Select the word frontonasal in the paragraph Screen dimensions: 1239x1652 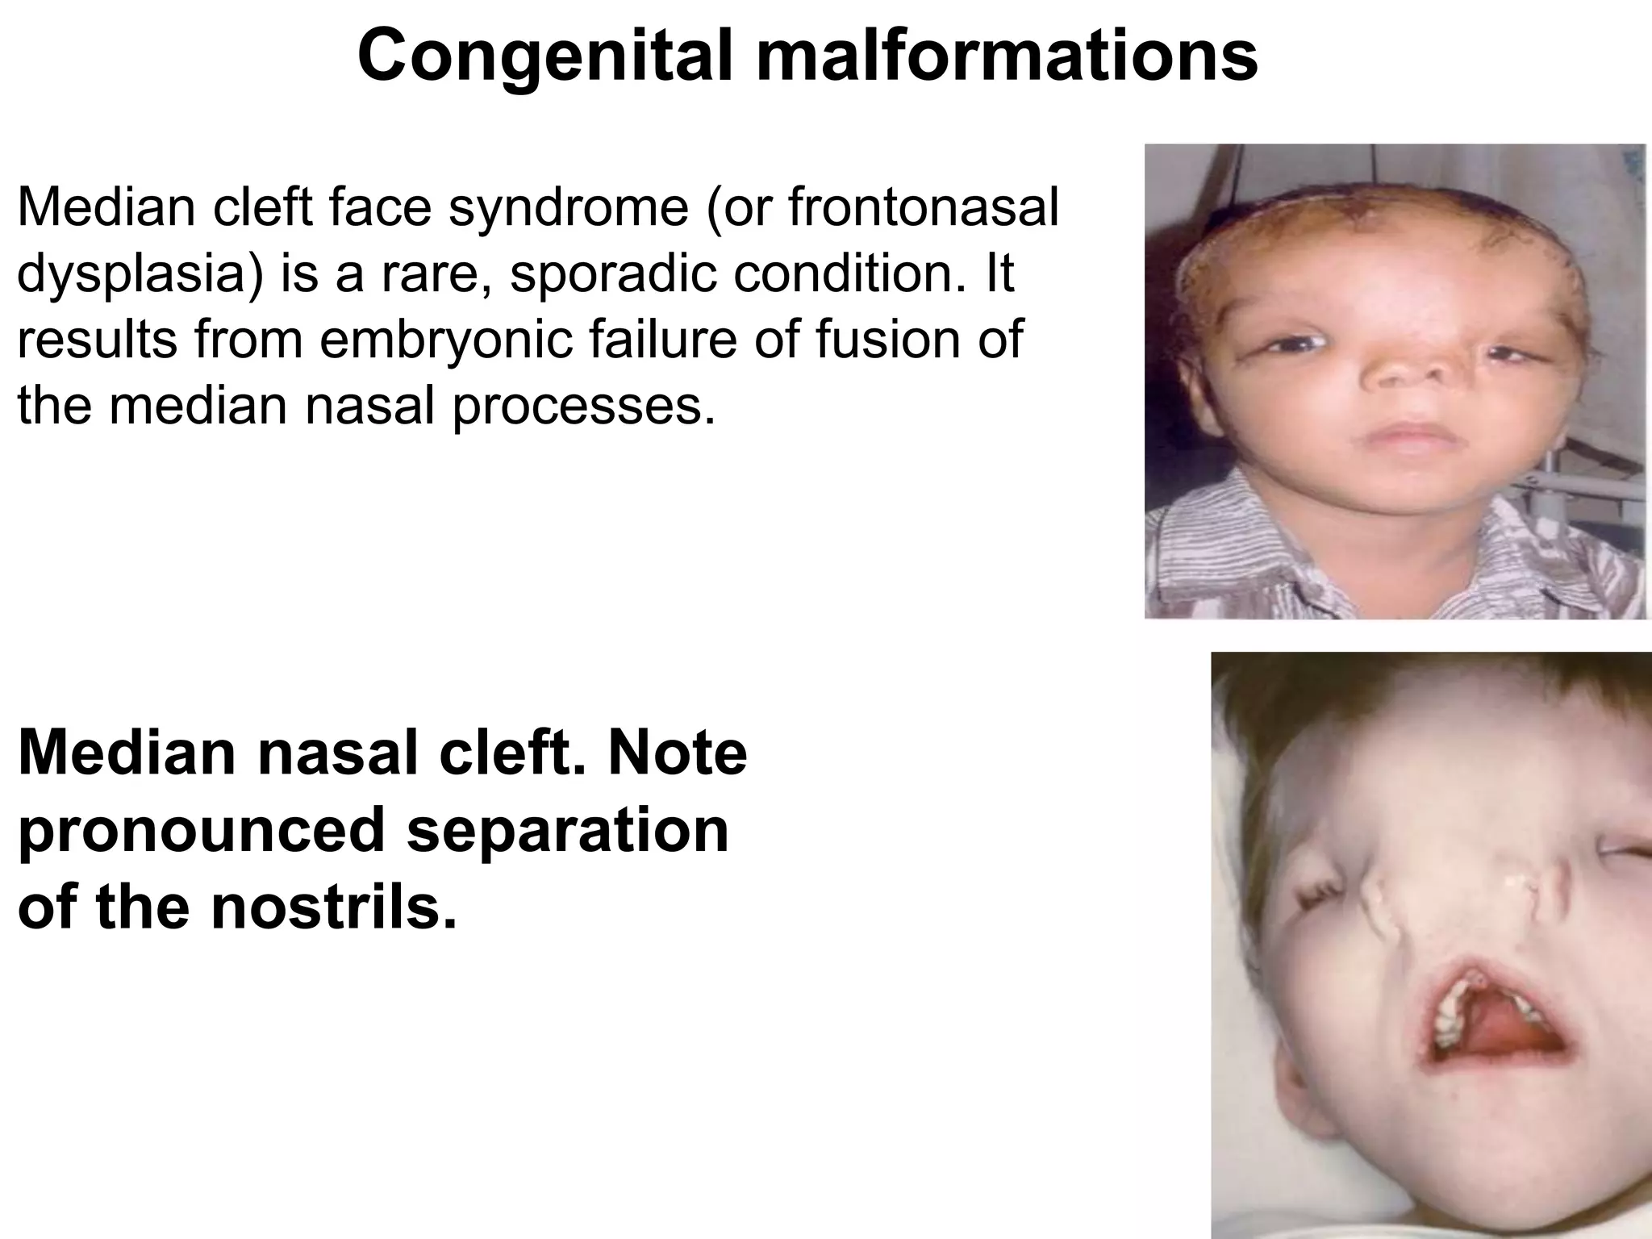coord(923,207)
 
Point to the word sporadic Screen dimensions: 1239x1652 coord(613,274)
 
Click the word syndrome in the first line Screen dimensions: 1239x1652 coord(568,209)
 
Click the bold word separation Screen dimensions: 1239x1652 coord(568,831)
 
